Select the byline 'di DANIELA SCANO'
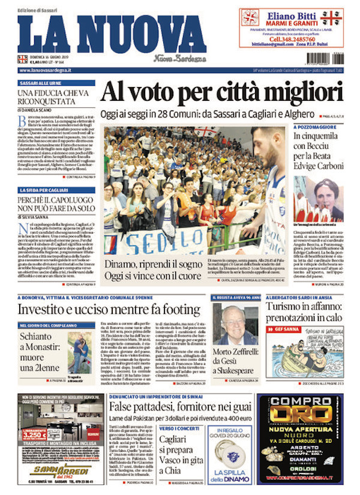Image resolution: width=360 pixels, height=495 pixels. [36, 110]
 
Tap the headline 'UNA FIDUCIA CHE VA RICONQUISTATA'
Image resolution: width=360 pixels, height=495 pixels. [54, 98]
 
